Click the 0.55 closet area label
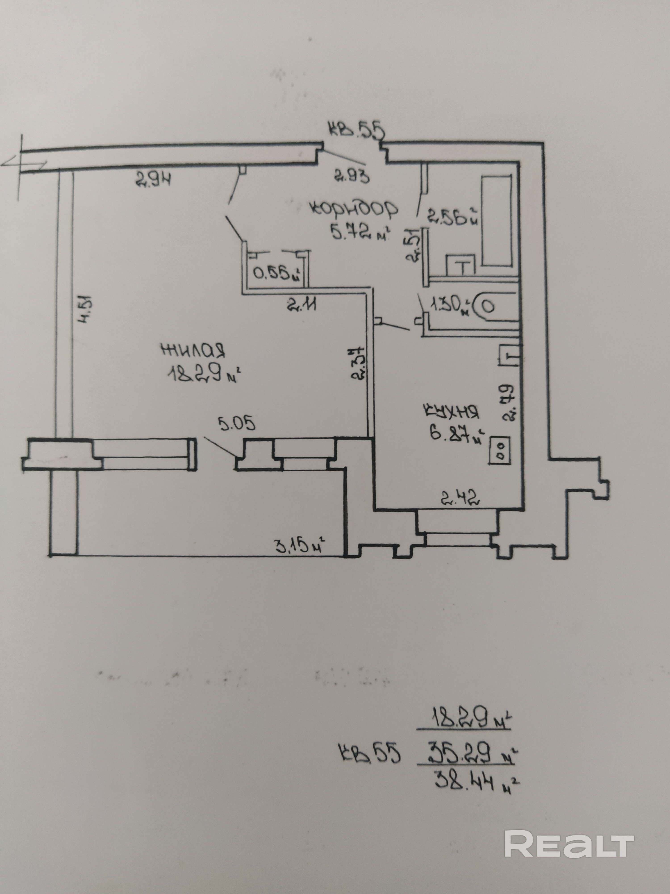(277, 274)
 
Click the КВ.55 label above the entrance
(355, 132)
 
